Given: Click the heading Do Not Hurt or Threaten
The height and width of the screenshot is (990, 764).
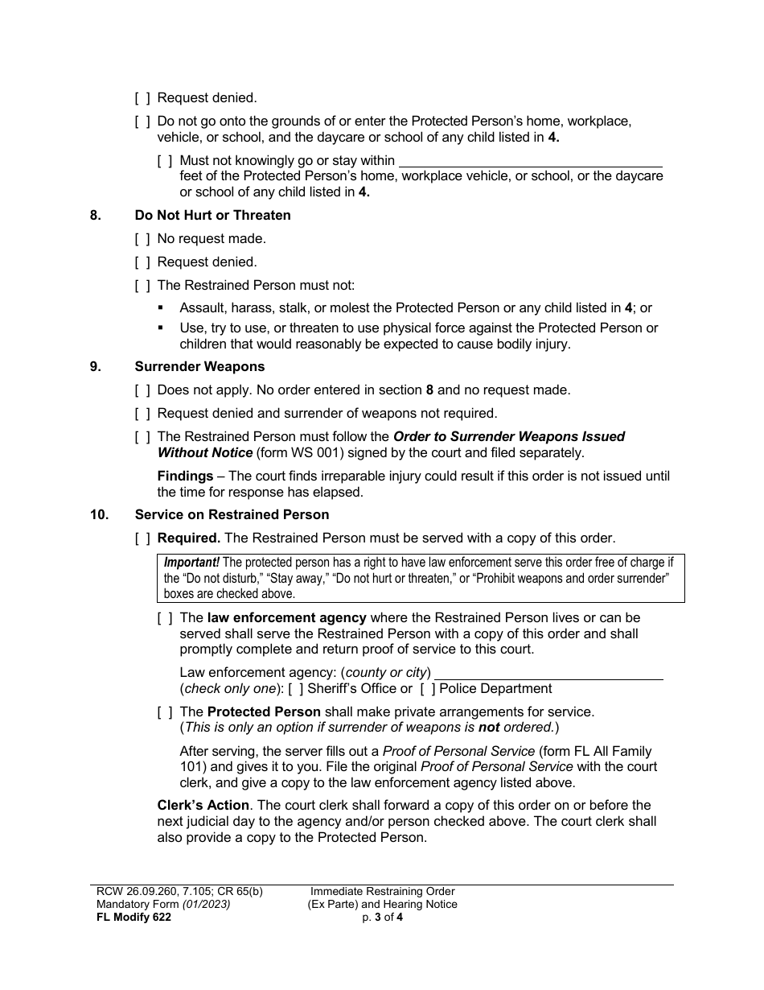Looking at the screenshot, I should coord(212,215).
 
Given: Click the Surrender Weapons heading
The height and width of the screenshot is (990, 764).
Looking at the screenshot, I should coord(199,366).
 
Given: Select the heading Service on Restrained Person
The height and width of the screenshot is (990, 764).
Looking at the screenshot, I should coord(232,514).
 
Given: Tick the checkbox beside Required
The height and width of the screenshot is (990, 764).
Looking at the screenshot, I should coord(142,538).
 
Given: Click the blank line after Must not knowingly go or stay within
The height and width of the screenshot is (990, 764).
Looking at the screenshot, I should coord(530,162).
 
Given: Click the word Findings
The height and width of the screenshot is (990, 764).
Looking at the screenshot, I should coord(185,476).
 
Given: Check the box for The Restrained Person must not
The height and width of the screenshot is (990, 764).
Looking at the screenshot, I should coord(142,285).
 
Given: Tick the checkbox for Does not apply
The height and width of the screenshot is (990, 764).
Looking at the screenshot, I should coord(142,390).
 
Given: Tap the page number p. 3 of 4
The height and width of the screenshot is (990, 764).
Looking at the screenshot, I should coord(383,917).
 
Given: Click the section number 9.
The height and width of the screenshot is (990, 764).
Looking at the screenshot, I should coord(95,366).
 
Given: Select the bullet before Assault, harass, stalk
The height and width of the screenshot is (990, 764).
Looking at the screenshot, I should coord(161,307).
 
